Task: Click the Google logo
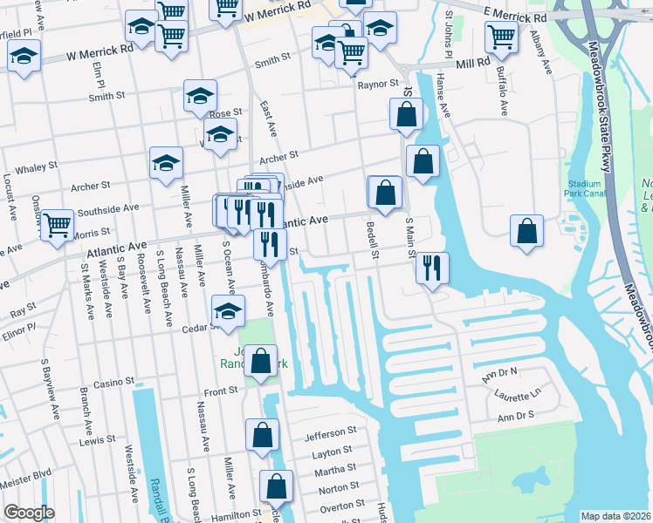(x=29, y=513)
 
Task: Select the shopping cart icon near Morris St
(x=57, y=225)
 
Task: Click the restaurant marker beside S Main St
(x=431, y=268)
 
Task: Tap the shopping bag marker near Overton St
(x=276, y=488)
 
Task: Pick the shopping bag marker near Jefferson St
(x=262, y=435)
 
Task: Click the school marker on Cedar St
(x=228, y=311)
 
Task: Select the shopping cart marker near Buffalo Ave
(x=501, y=37)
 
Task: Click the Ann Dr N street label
(x=501, y=374)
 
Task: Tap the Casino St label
(x=113, y=383)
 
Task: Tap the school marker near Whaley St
(x=166, y=163)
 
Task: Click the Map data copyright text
(x=616, y=516)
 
